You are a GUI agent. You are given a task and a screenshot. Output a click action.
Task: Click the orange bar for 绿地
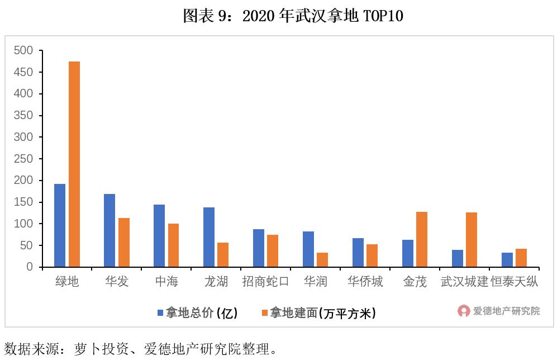pos(74,164)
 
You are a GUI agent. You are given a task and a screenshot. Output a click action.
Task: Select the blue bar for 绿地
pos(60,225)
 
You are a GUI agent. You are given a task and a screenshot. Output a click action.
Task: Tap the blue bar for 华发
pos(110,230)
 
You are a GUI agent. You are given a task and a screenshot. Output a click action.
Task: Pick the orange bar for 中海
pos(173,245)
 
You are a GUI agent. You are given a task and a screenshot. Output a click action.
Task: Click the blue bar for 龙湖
pos(209,237)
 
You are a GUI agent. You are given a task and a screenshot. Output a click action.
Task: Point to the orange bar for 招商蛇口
pos(273,251)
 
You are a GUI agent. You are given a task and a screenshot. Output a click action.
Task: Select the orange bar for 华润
pos(322,260)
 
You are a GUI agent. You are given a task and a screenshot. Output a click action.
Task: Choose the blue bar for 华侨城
pos(358,253)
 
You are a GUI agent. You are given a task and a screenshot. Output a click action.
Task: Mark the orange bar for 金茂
pos(422,239)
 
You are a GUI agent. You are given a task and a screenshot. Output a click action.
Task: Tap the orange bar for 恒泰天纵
pos(521,258)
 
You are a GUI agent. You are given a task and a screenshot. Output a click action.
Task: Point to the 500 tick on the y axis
pos(25,51)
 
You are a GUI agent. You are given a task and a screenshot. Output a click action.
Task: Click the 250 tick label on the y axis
pos(25,159)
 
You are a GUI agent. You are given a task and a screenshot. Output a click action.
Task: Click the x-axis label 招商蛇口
pos(265,282)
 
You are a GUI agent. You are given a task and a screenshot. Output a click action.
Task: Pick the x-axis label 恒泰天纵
pos(514,282)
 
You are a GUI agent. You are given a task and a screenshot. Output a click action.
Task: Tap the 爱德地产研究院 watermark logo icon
pos(464,311)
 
